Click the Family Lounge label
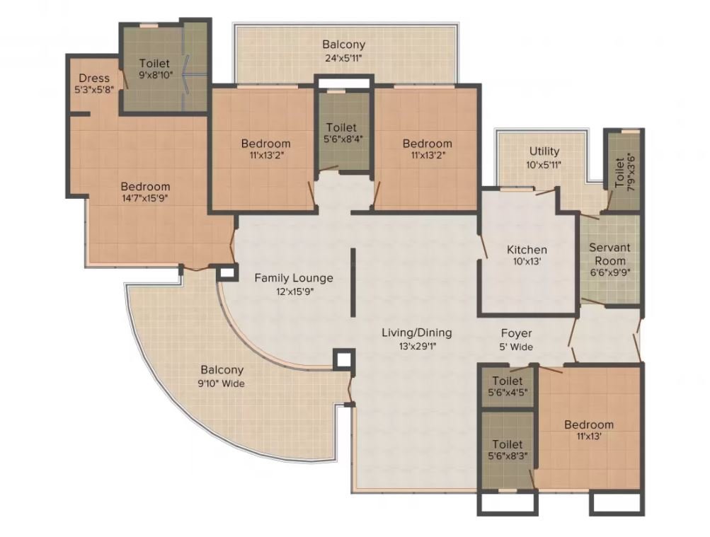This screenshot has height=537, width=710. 294,278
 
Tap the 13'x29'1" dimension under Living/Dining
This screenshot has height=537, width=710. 416,347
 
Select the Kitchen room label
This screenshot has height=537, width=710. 527,250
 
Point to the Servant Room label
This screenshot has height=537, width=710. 609,254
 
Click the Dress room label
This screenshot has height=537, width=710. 93,78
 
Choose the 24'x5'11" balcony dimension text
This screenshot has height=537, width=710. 344,58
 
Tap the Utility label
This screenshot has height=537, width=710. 544,151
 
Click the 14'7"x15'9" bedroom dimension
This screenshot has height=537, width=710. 145,198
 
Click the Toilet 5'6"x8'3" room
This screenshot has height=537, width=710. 507,450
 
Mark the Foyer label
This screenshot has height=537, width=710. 516,333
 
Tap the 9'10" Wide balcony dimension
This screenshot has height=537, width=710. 222,383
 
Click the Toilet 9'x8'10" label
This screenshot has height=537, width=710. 154,69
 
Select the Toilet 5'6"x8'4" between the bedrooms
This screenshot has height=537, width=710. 343,133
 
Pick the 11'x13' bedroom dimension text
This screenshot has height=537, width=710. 589,437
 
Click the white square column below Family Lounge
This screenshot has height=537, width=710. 343,359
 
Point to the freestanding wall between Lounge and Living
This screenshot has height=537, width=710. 353,282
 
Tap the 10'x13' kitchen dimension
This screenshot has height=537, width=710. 527,262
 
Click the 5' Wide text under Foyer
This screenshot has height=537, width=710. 516,347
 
